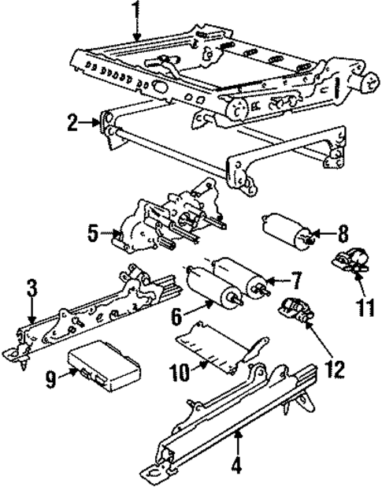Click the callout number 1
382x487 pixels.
tap(137, 11)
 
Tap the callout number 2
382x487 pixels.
tap(72, 123)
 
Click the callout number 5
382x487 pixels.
tap(93, 233)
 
